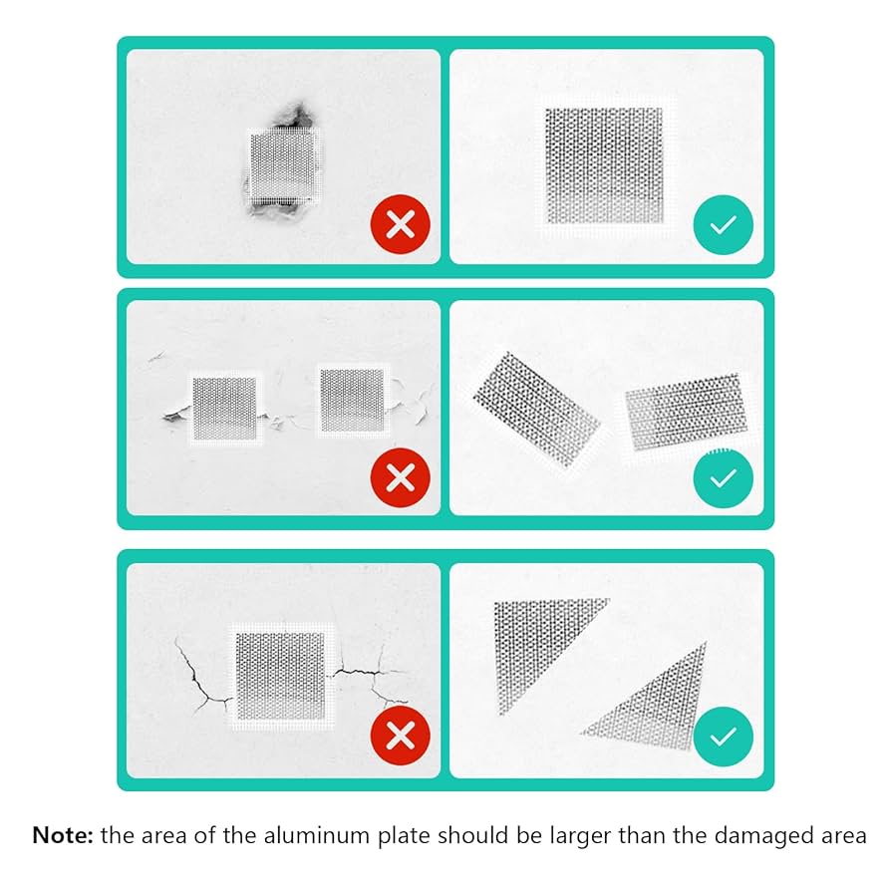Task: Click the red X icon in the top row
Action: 400,225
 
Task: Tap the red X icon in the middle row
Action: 400,478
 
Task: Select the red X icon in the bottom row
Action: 400,737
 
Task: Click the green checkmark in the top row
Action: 723,225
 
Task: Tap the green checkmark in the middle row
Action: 723,478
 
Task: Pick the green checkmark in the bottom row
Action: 723,737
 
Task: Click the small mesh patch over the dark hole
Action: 282,165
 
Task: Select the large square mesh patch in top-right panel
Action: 604,164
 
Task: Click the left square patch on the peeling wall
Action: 224,407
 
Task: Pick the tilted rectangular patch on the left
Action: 536,409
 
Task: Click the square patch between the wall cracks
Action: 281,674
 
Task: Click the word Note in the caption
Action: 62,835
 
